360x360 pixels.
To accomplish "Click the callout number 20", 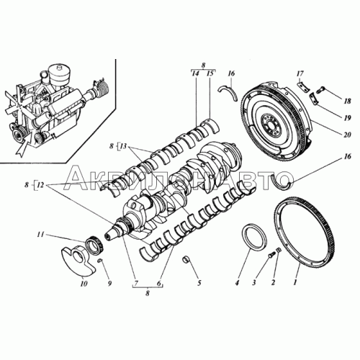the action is [x=347, y=135].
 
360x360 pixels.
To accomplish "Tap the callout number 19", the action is [x=347, y=118].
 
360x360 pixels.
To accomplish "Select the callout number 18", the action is [x=347, y=101].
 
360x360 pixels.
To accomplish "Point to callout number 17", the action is [x=300, y=73].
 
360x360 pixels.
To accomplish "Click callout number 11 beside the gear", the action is [x=40, y=234].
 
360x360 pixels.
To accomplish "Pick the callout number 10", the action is [x=84, y=284].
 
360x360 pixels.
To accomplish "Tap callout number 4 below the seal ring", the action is [x=237, y=283].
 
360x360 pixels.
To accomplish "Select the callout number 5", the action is [x=199, y=283].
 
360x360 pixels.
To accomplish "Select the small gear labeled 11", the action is [x=95, y=245].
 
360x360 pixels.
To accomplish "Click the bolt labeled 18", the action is [x=320, y=90].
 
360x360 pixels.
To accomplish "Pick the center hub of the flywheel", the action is [x=269, y=122].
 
